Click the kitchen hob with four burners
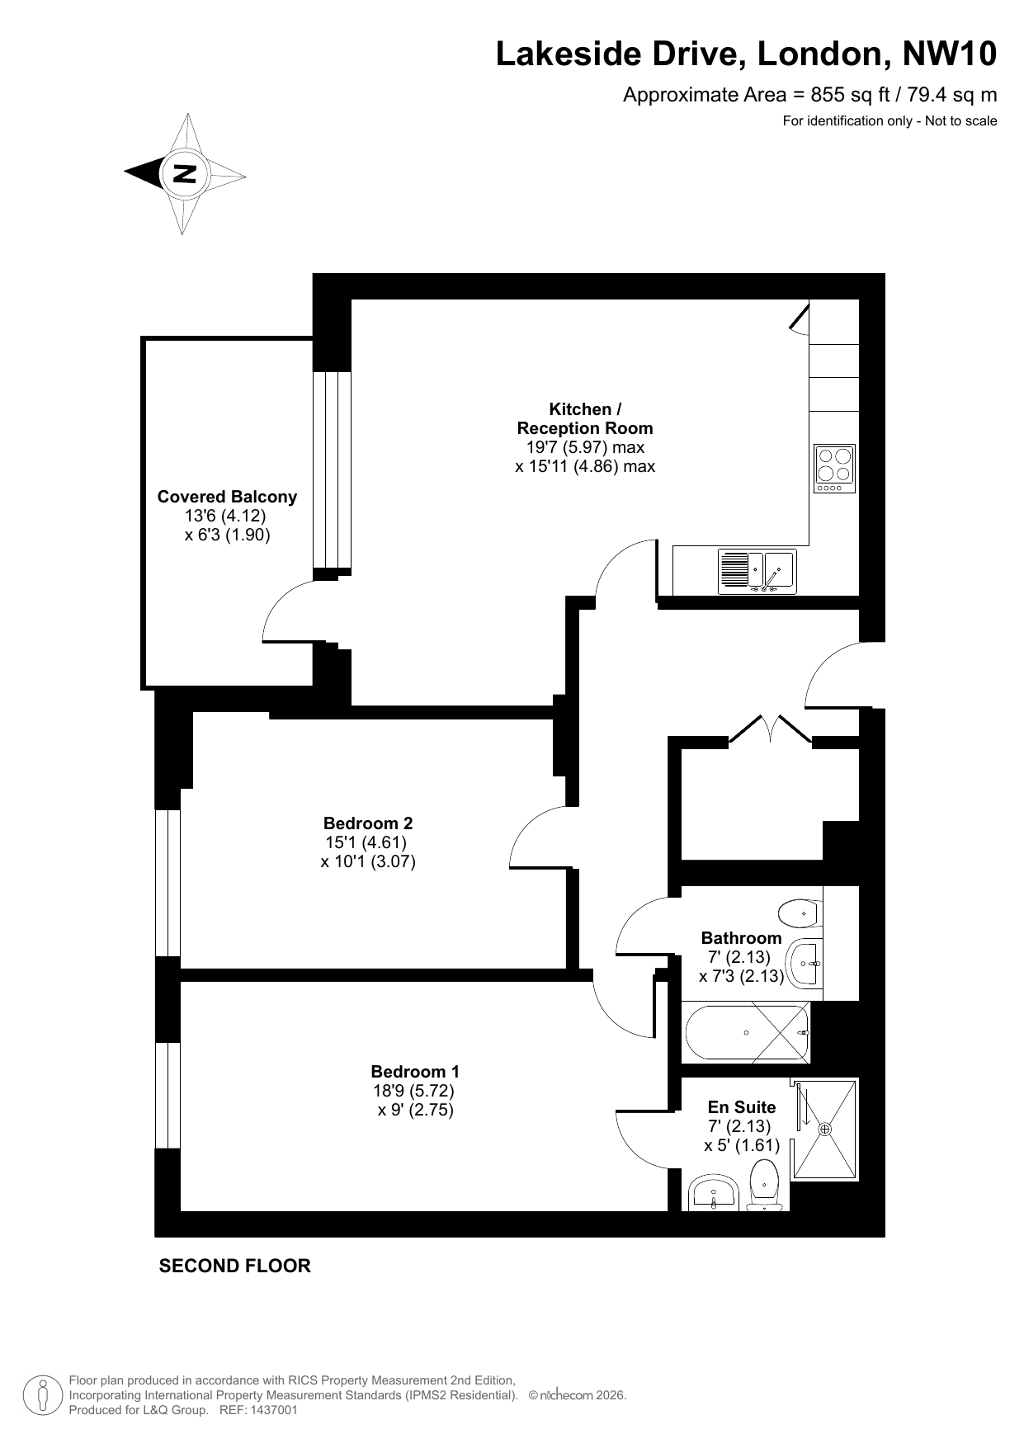click(835, 468)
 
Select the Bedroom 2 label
click(368, 823)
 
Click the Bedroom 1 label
click(415, 1072)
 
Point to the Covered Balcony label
click(227, 497)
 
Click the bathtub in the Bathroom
click(746, 1032)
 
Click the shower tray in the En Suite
click(825, 1129)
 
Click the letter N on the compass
click(185, 174)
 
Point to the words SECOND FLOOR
click(235, 1266)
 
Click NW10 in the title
click(950, 54)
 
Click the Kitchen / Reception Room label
click(585, 418)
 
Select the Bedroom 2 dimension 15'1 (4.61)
click(367, 842)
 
